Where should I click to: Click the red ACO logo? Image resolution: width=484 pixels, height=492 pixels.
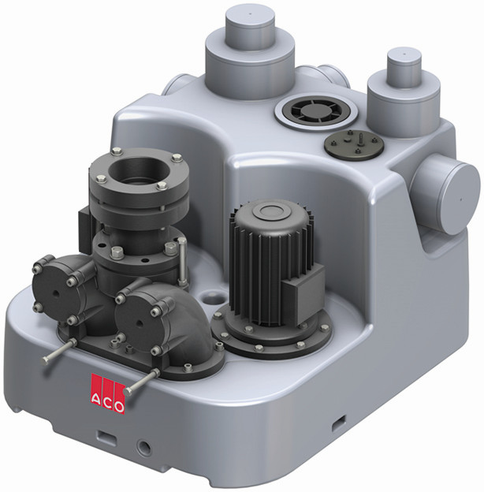pos(107,393)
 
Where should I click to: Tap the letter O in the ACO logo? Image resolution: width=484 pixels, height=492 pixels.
pos(118,407)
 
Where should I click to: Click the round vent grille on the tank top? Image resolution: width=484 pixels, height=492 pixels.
pos(316,112)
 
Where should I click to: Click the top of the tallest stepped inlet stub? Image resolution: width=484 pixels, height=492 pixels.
pos(250,16)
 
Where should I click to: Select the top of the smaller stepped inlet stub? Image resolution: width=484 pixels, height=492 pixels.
pos(404,56)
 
